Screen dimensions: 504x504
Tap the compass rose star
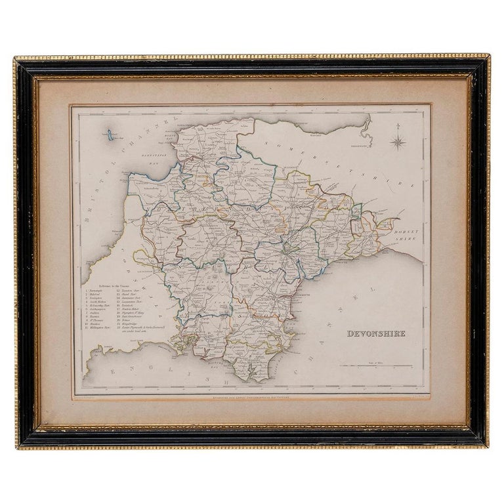coord(398,141)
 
